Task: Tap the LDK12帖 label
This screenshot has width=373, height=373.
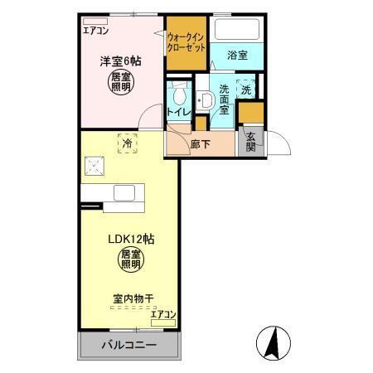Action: coord(129,239)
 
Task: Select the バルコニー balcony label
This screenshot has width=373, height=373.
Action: coord(129,345)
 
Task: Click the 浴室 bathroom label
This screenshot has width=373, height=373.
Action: coord(239,56)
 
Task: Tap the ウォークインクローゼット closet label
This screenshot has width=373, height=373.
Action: coord(186,43)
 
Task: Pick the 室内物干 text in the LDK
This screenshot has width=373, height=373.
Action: coord(132,298)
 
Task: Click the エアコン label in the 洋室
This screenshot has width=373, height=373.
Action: coord(96,30)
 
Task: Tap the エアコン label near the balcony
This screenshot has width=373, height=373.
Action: coord(163,315)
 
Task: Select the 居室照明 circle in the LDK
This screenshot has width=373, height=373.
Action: coord(128,262)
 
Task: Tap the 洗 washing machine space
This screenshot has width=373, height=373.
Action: coord(246,90)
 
